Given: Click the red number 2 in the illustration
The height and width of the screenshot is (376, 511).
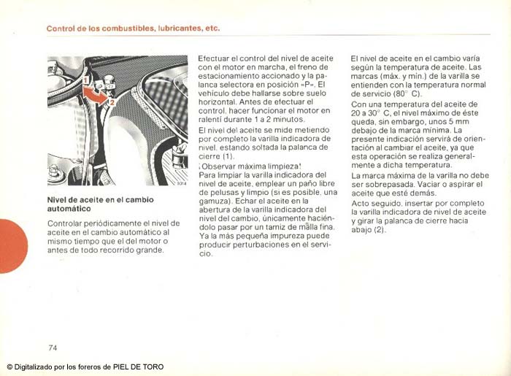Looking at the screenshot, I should (112, 103).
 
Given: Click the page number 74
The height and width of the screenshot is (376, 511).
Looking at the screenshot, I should (53, 346).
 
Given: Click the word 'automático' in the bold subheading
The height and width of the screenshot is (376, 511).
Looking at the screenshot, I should (71, 208).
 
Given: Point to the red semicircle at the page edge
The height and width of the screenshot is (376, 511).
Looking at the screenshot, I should (10, 245).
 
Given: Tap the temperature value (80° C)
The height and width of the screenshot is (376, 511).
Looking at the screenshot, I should (407, 93).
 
